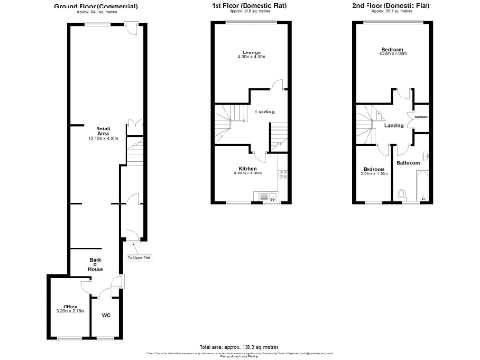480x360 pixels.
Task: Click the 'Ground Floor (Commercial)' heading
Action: [97, 7]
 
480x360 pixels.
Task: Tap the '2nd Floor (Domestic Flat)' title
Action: [392, 7]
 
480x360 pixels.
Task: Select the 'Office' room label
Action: [69, 307]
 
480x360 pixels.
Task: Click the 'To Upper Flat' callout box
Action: [141, 257]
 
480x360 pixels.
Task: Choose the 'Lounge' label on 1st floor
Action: [250, 52]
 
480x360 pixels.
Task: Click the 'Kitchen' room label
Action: [247, 169]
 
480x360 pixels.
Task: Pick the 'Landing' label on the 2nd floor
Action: [395, 125]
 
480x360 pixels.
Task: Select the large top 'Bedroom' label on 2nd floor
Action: [393, 48]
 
